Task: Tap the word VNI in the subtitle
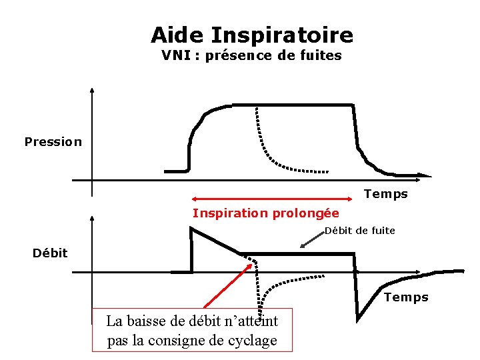tap(175, 56)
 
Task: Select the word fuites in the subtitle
tap(321, 56)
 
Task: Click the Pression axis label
tap(53, 141)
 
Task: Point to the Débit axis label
tap(51, 253)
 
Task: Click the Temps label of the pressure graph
tap(385, 194)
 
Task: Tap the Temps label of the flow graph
tap(406, 297)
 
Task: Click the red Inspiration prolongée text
tap(265, 213)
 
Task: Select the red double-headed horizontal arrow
tap(271, 198)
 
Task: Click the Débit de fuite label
tap(360, 231)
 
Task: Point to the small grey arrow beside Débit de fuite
tap(311, 241)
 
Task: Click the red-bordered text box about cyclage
tap(192, 330)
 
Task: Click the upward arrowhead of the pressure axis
tap(92, 91)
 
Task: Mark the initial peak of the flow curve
tap(192, 229)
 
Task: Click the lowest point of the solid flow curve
tap(358, 317)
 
